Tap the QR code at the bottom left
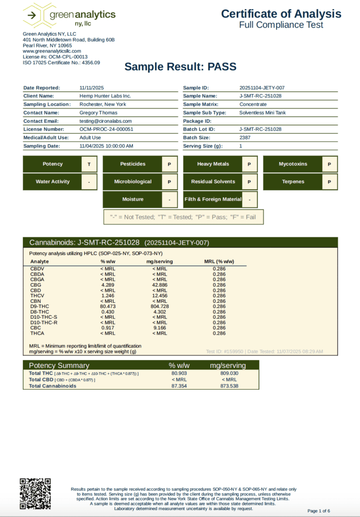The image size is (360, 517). point(35,493)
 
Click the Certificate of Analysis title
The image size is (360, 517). point(281,14)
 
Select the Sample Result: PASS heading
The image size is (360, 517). point(180,67)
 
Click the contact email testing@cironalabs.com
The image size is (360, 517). point(106,121)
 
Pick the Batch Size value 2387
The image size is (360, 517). point(245,137)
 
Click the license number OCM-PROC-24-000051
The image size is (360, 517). point(107,129)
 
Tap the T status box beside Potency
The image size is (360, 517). point(89,164)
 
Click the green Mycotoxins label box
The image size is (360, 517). point(293,164)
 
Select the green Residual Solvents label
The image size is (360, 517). point(213,182)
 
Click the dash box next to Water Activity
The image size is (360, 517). point(89,182)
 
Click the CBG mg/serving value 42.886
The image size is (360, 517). point(160,285)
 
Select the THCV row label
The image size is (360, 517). point(37,295)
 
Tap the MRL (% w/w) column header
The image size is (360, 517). point(219,262)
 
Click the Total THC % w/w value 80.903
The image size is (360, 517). point(179,373)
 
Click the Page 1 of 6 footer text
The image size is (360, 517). point(319,511)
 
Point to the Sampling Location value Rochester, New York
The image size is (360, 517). point(102,105)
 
